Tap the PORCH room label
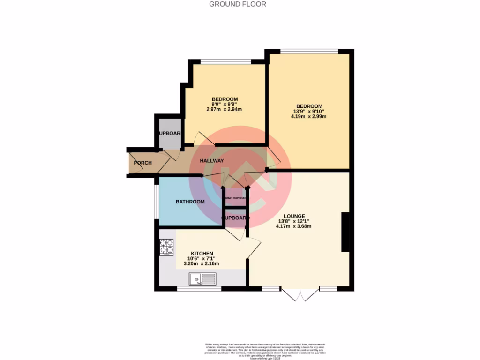click(x=142, y=163)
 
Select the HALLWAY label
click(x=212, y=161)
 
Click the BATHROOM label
click(x=190, y=202)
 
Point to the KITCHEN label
click(x=202, y=253)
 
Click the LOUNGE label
click(x=294, y=216)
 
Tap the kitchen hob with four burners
click(x=166, y=247)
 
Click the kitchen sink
click(x=202, y=280)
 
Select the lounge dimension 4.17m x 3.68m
click(x=294, y=226)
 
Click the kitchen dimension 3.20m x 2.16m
click(x=201, y=263)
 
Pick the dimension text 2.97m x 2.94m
click(x=224, y=109)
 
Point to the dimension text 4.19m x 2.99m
click(x=308, y=116)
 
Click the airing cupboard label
click(x=236, y=199)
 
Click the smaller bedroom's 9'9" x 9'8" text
click(x=225, y=104)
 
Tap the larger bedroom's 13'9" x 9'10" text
click(x=309, y=111)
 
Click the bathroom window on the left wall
click(x=157, y=202)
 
